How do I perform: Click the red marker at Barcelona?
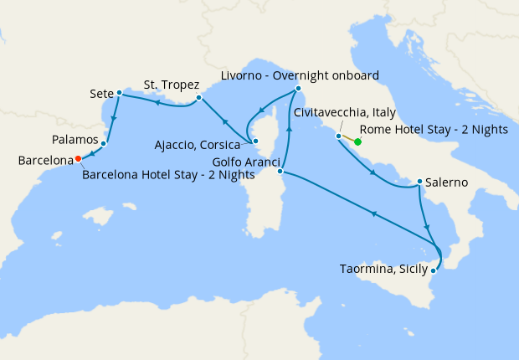(78, 157)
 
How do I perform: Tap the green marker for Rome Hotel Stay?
(357, 142)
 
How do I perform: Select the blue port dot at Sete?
(120, 92)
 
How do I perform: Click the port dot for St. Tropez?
(198, 98)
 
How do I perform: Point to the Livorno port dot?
(298, 90)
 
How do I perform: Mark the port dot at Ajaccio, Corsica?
(256, 141)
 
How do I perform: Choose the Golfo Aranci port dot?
(280, 172)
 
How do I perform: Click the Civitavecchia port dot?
(339, 136)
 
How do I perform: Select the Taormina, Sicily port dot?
(434, 270)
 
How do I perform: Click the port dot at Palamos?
(103, 144)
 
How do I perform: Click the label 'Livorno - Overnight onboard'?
(300, 75)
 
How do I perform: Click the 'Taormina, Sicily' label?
(384, 270)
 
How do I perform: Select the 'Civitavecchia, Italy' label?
(345, 113)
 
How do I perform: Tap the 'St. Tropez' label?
(171, 84)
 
